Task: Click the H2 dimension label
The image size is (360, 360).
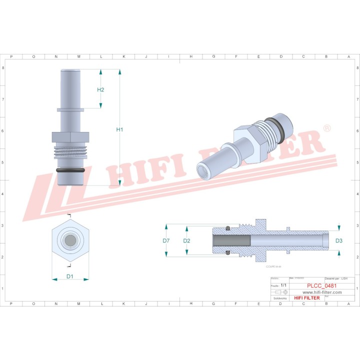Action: pos(100,89)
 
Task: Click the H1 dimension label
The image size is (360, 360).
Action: pos(119,129)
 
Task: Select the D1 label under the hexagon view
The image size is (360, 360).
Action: pos(70,276)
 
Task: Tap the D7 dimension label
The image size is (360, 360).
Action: pos(166,240)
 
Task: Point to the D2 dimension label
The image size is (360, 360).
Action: pos(186,240)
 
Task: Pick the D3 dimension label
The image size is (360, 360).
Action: pos(339,240)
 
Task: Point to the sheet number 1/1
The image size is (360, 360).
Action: pos(284,285)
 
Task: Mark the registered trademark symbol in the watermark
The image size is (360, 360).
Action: pos(327,128)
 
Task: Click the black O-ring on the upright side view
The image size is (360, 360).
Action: pos(70,170)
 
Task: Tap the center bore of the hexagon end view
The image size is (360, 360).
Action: pos(70,240)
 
